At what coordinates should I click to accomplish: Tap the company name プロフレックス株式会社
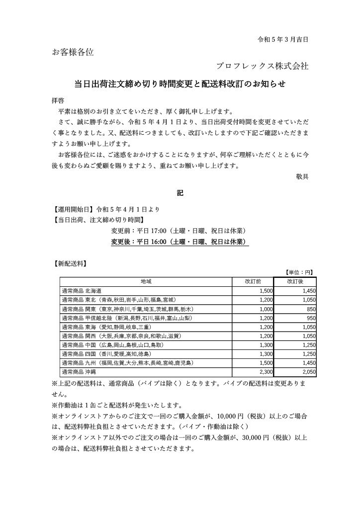click(262, 66)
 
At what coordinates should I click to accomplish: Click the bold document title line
click(180, 84)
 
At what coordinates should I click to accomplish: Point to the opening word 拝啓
click(58, 99)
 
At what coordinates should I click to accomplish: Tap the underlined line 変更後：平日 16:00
click(180, 242)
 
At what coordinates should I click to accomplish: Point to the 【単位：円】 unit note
click(299, 272)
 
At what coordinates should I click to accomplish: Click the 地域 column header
click(146, 281)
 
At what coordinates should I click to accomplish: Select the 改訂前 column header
click(253, 281)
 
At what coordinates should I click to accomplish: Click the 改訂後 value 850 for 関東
click(309, 308)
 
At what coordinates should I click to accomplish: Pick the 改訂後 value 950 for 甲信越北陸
click(309, 317)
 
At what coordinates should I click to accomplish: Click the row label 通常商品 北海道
click(81, 290)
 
